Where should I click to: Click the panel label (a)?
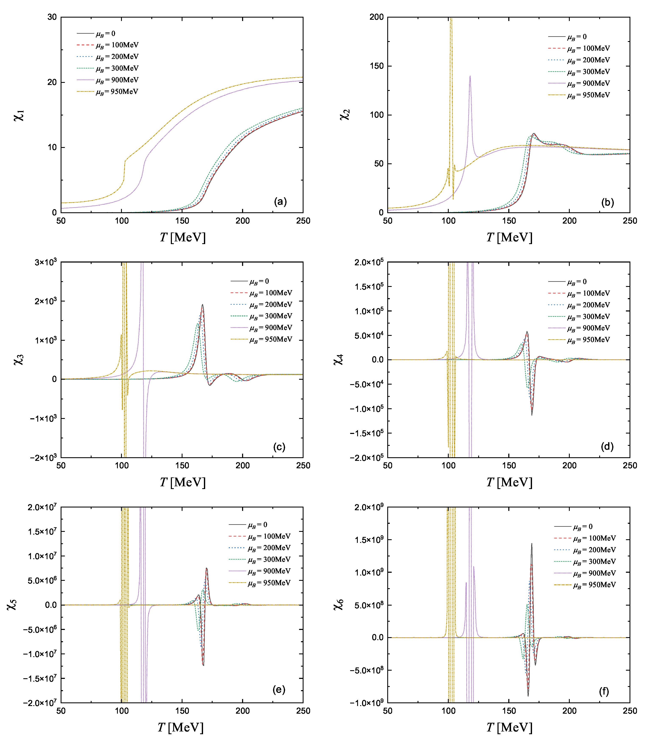(x=280, y=202)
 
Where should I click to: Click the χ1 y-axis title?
(x=19, y=115)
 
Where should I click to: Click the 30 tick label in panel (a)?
(x=52, y=17)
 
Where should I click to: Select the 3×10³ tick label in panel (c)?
(x=46, y=262)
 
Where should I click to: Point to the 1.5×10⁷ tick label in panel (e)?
(x=42, y=532)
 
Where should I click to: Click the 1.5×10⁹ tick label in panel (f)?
(x=369, y=540)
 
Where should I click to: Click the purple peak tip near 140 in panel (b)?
(x=470, y=76)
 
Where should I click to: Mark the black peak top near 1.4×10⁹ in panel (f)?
(x=532, y=544)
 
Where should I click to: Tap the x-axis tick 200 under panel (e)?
(x=243, y=711)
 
